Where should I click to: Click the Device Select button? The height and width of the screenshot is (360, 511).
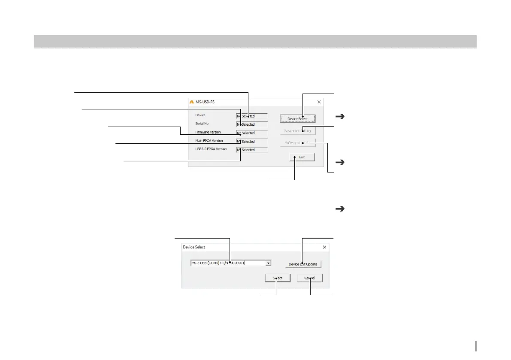pyautogui.click(x=298, y=119)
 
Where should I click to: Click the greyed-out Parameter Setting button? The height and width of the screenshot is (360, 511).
pyautogui.click(x=298, y=131)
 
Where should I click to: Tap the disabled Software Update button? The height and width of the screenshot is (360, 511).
pyautogui.click(x=298, y=143)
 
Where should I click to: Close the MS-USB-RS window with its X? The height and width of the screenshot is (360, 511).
pyautogui.click(x=319, y=102)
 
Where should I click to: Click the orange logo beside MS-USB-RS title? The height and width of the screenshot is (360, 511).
pyautogui.click(x=192, y=103)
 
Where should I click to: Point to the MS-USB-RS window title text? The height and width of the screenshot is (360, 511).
pyautogui.click(x=206, y=103)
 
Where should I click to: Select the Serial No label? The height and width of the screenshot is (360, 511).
pyautogui.click(x=202, y=124)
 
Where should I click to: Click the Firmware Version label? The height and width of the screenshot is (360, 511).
pyautogui.click(x=208, y=132)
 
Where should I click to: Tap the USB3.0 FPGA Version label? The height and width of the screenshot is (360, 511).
pyautogui.click(x=211, y=149)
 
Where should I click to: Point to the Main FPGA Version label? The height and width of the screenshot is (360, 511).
pyautogui.click(x=209, y=140)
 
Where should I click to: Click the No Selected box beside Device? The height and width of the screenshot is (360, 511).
pyautogui.click(x=252, y=116)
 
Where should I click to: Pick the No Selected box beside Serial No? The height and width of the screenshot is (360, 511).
pyautogui.click(x=252, y=124)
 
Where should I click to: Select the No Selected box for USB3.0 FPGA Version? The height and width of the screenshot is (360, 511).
pyautogui.click(x=252, y=150)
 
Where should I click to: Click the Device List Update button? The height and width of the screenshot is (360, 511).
pyautogui.click(x=303, y=264)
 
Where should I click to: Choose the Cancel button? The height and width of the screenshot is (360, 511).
pyautogui.click(x=309, y=278)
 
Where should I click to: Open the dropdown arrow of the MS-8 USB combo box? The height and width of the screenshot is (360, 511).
pyautogui.click(x=268, y=263)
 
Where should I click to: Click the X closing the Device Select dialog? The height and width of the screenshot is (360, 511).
pyautogui.click(x=324, y=247)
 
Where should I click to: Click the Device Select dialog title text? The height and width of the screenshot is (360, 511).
pyautogui.click(x=194, y=247)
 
